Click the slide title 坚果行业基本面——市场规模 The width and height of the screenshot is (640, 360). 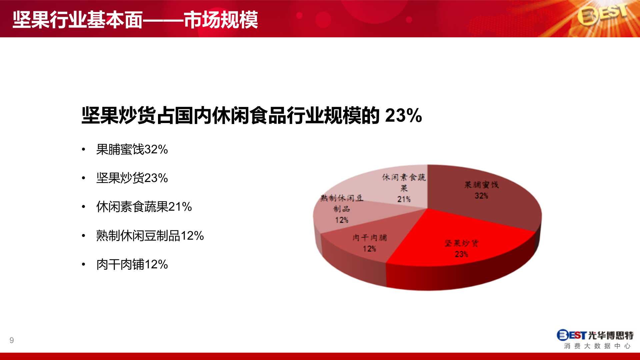[x=135, y=20]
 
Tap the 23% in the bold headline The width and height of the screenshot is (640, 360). [x=404, y=116]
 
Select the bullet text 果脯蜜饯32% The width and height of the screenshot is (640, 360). [x=132, y=149]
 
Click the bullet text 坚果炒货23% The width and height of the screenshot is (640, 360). [x=132, y=178]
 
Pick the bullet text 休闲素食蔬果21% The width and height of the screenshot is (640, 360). [x=144, y=207]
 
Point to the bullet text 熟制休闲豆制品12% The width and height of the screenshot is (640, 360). [x=150, y=236]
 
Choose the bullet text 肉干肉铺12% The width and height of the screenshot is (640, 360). [x=132, y=264]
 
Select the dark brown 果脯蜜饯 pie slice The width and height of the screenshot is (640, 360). [x=483, y=197]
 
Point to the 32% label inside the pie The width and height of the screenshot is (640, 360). [x=481, y=196]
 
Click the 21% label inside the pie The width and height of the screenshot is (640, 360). [x=404, y=199]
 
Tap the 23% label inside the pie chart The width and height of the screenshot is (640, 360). [x=462, y=254]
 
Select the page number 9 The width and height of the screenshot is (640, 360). [x=12, y=340]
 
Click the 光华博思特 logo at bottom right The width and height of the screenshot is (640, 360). [x=595, y=335]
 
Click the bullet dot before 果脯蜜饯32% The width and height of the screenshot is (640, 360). [x=84, y=150]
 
